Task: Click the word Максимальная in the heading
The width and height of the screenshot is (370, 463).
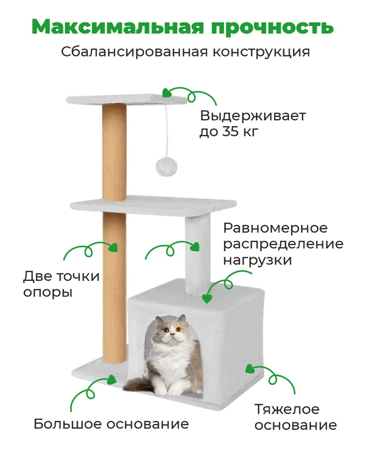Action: click(118, 27)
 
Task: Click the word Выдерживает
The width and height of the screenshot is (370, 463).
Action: click(253, 116)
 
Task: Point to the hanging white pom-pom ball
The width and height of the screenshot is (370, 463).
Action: click(166, 167)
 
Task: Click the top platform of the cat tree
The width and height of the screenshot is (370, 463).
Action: click(126, 99)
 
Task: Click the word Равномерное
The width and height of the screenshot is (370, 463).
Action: click(275, 228)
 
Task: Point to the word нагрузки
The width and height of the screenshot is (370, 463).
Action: click(257, 260)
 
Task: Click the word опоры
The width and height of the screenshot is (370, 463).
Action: click(48, 293)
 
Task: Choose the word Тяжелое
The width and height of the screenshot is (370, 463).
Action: click(287, 409)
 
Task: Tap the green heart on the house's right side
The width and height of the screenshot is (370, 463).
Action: click(250, 369)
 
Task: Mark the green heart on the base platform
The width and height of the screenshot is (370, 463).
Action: click(112, 380)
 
